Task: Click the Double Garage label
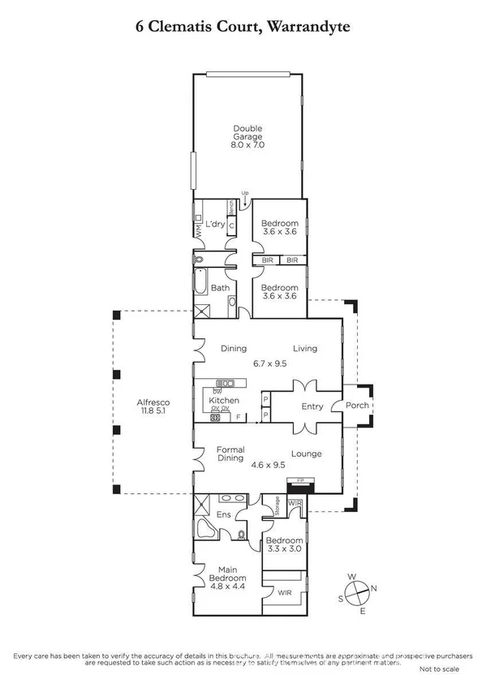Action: pos(247,136)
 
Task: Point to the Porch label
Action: pos(357,405)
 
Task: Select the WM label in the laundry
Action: pos(196,229)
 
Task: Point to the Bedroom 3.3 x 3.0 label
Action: pos(284,545)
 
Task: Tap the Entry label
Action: pos(312,406)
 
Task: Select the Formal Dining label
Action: pos(230,454)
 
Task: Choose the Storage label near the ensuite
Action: pos(276,507)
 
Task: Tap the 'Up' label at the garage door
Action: pos(244,192)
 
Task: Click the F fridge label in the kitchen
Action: pos(239,417)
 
